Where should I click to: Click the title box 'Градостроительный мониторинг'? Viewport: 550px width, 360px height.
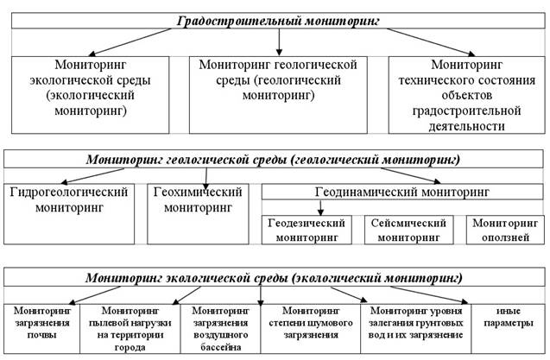(x=278, y=21)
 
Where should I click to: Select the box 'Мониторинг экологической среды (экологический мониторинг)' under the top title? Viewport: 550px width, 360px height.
(x=90, y=95)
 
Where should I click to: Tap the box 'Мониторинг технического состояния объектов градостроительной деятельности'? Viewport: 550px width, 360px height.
(x=467, y=95)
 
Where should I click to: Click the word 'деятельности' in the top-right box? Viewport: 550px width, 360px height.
(x=466, y=126)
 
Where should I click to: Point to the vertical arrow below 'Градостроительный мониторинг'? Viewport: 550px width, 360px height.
(x=279, y=42)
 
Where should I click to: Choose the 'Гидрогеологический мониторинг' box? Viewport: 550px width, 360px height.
(x=69, y=214)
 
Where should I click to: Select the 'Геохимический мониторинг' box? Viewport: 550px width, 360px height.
(x=198, y=214)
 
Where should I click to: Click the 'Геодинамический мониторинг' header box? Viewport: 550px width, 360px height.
(x=402, y=192)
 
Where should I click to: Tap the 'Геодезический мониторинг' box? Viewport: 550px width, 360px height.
(x=307, y=230)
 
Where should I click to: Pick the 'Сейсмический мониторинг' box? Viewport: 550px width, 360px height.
(x=409, y=230)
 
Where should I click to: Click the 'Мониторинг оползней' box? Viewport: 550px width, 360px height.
(x=505, y=230)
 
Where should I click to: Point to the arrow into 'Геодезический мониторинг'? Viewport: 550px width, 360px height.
(x=320, y=208)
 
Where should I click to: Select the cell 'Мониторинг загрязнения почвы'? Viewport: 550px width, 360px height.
(x=41, y=328)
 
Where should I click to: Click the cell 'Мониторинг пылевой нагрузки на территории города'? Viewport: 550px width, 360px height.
(x=130, y=328)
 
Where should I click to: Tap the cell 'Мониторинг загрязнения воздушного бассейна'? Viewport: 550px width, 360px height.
(x=221, y=328)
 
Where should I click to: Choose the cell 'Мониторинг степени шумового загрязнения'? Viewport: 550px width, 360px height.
(x=311, y=328)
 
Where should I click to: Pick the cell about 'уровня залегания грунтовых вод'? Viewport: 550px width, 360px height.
(x=415, y=328)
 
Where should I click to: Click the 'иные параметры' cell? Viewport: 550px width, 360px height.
(x=509, y=328)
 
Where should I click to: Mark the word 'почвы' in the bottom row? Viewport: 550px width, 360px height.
(x=41, y=335)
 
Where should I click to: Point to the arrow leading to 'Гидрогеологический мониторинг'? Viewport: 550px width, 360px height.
(x=92, y=176)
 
